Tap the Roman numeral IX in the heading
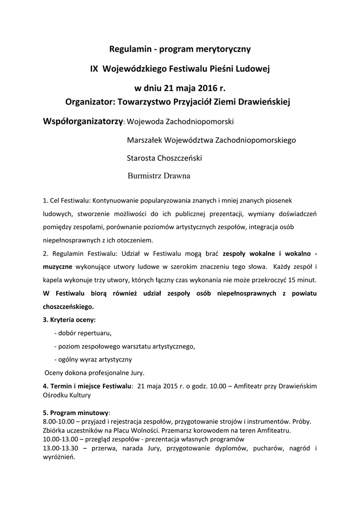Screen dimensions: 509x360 (94, 69)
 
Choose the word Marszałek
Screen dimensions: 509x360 (145, 140)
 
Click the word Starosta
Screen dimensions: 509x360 (142, 158)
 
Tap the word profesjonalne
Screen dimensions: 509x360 (105, 372)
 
